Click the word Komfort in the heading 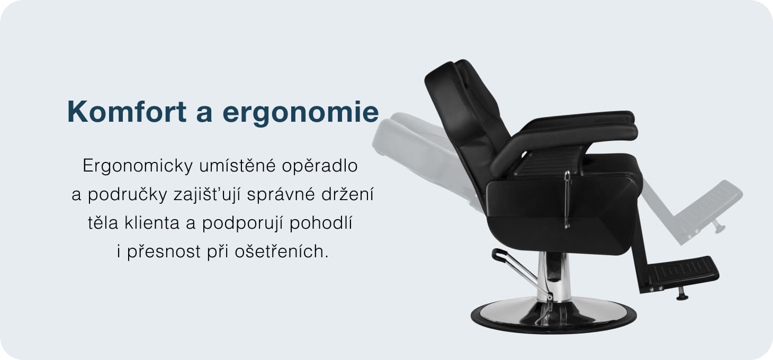(127, 112)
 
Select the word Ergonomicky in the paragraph (138, 166)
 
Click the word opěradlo (320, 166)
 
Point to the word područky (128, 194)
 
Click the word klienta (152, 223)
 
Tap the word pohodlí (321, 223)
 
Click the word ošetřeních (282, 251)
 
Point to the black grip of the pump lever (499, 254)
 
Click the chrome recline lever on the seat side (567, 200)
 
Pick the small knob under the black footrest (682, 294)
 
